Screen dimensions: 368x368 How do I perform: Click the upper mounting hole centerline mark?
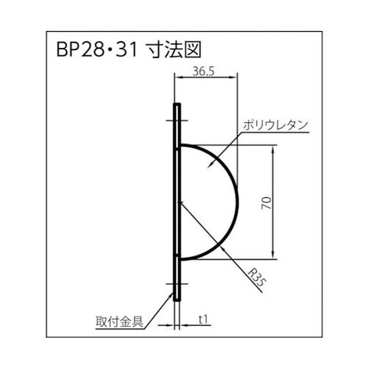[x=177, y=121]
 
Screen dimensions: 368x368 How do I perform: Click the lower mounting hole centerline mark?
[x=177, y=283]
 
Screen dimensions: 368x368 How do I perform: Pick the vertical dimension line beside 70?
[x=275, y=202]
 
